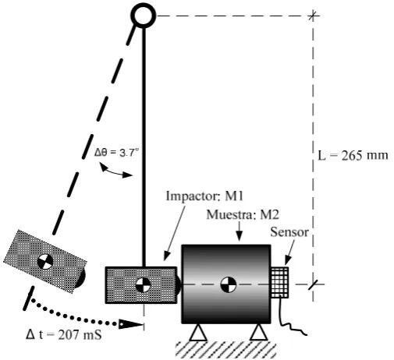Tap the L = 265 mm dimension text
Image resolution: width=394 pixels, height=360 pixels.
[353, 156]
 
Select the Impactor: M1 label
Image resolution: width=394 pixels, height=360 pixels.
[204, 196]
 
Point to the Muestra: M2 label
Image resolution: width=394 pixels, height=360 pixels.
[243, 215]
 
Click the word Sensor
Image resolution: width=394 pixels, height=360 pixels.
[289, 232]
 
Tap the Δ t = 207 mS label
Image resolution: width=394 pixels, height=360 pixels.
[64, 334]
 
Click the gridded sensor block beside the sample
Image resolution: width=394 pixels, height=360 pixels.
[279, 283]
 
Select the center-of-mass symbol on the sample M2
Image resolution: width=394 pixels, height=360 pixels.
[228, 284]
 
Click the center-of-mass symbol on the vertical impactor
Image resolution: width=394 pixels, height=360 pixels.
[143, 284]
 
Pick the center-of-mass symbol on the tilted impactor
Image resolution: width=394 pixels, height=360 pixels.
[45, 262]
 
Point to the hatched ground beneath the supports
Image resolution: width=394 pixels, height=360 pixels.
[225, 350]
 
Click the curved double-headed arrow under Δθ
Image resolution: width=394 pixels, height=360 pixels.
[115, 171]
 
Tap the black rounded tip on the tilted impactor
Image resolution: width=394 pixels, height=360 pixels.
[81, 277]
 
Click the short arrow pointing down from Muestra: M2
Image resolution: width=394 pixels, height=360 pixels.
[240, 231]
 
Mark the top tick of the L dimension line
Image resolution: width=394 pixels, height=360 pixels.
[313, 16]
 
